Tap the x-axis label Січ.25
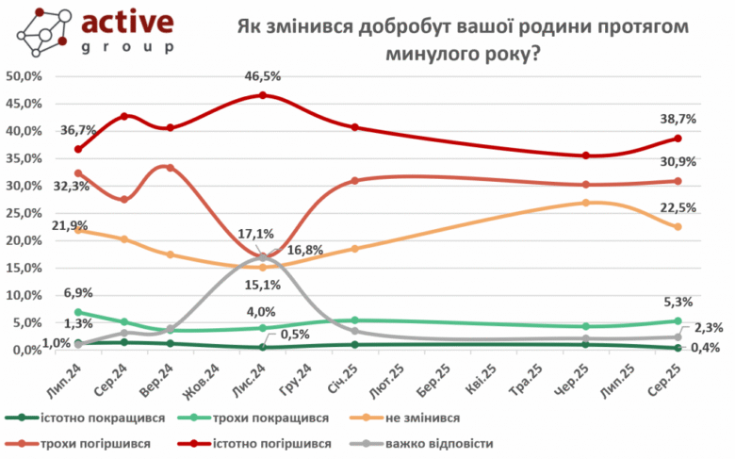[343, 376]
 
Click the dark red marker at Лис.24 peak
[262, 95]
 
